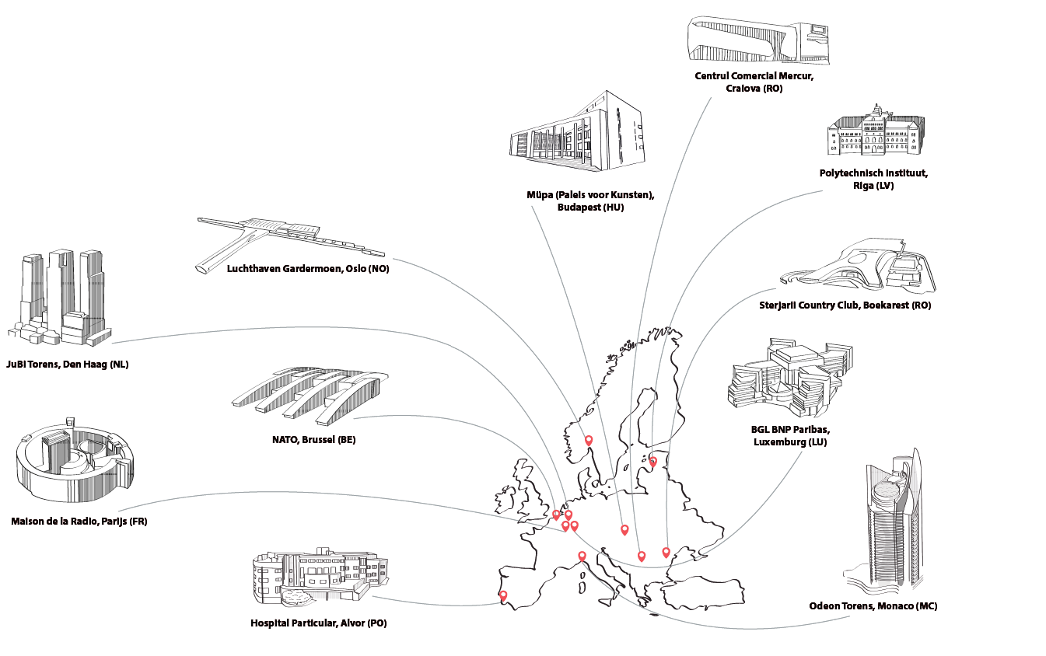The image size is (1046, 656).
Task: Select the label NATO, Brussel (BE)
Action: point(313,440)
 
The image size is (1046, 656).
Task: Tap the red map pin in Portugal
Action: point(503,596)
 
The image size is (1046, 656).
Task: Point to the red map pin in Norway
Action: point(589,441)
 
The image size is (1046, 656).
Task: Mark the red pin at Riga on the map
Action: point(653,462)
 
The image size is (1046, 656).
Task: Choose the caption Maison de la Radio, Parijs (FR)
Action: point(79,521)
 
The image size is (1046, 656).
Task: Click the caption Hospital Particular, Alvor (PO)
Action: point(318,623)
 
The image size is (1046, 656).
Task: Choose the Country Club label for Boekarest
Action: point(845,305)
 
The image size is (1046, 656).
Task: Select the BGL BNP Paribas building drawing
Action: point(789,377)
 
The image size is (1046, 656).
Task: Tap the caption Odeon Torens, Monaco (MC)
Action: point(873,605)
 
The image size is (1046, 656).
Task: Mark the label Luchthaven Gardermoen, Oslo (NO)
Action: point(308,269)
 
